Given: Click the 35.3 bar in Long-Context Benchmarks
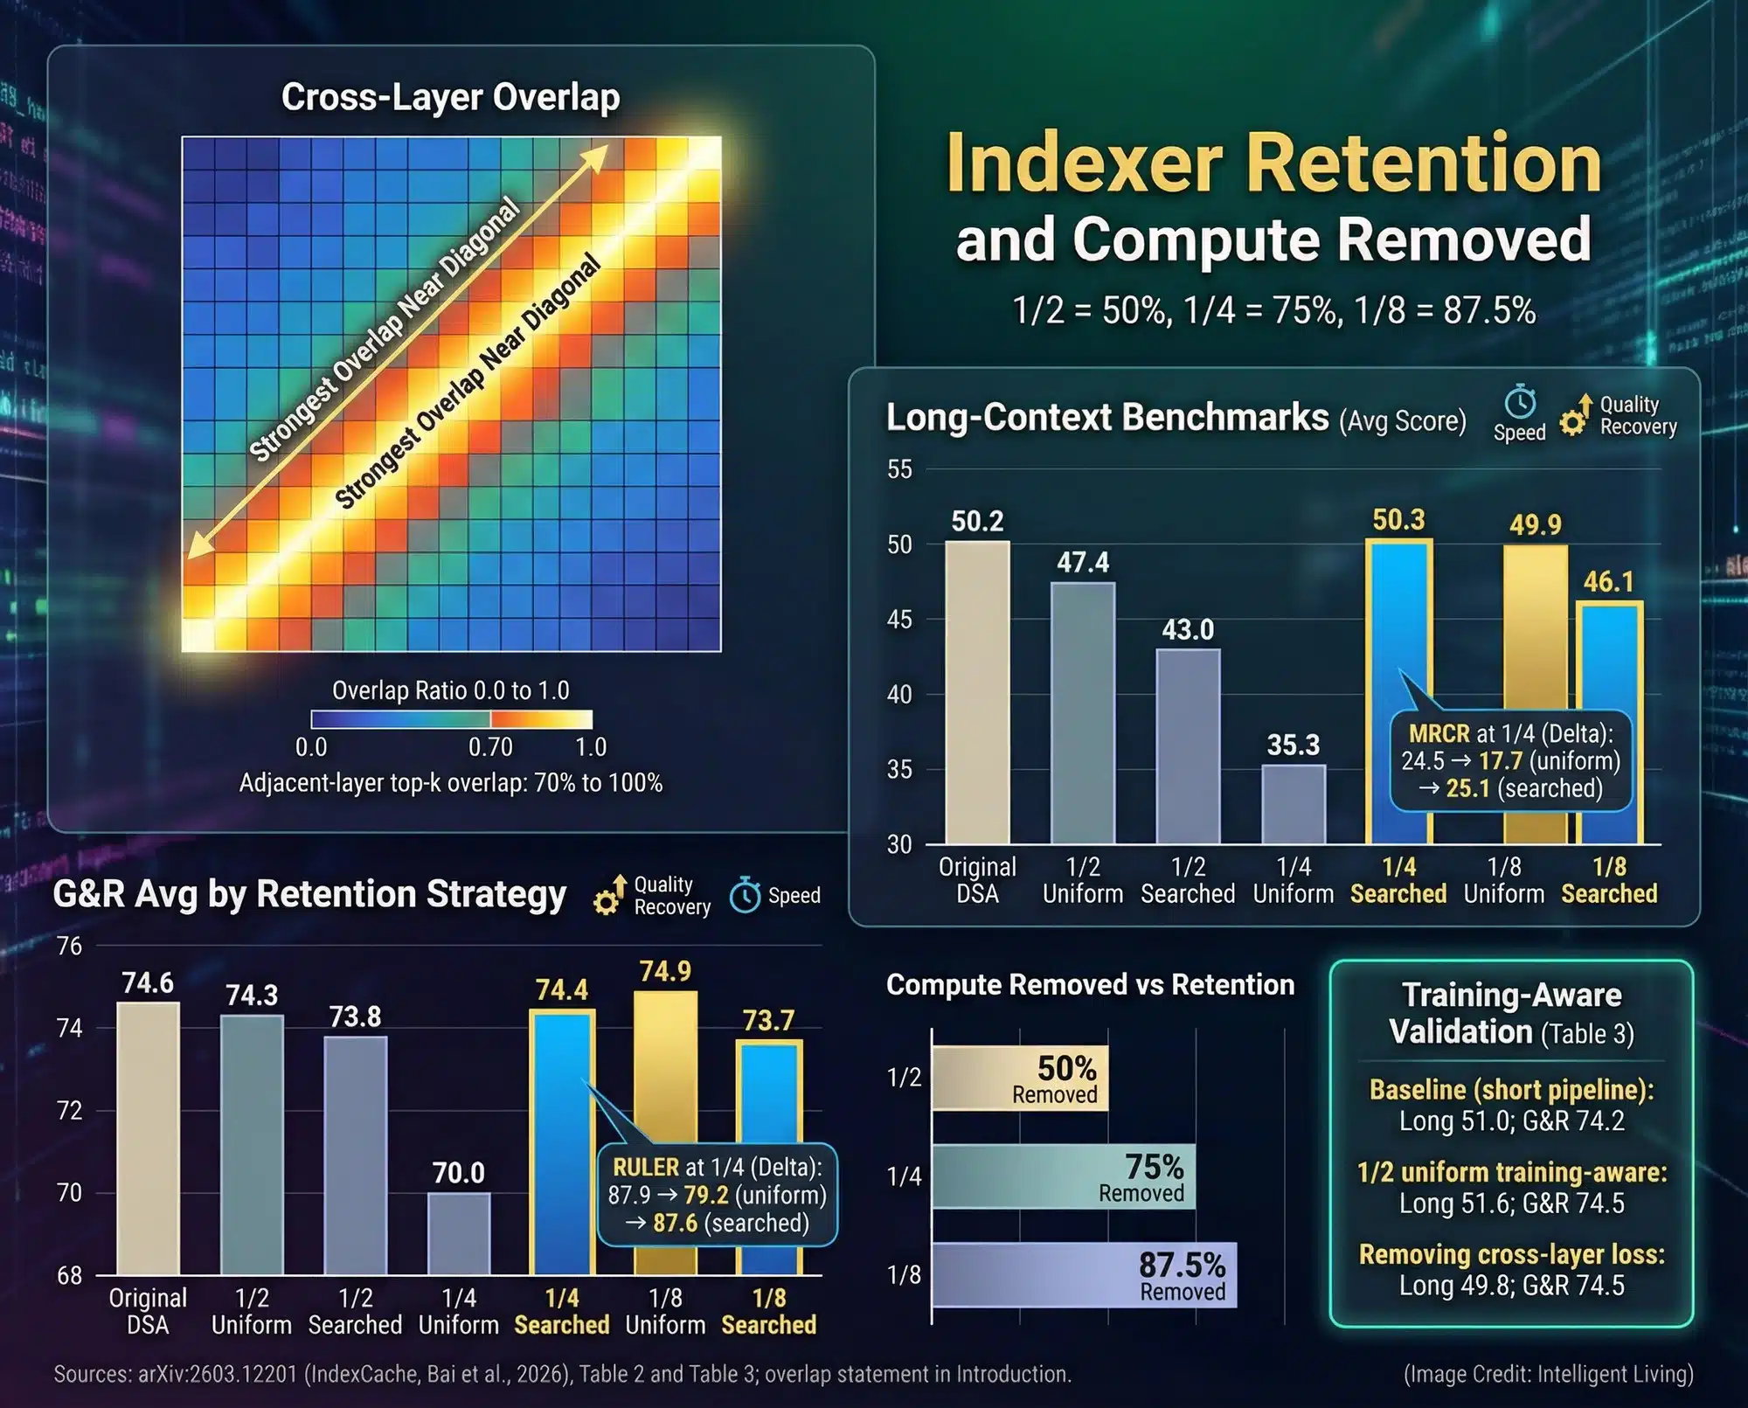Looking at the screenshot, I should click(1293, 803).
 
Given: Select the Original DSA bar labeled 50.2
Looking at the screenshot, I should click(977, 690).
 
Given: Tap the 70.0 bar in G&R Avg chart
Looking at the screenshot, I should click(459, 1232).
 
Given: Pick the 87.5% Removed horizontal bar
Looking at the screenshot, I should click(1084, 1275).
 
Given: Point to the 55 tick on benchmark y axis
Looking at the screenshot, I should click(899, 469).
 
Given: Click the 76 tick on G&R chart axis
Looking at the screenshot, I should click(69, 947).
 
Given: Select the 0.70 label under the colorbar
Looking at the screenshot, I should click(490, 747).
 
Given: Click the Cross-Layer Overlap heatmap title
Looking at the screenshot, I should click(450, 97).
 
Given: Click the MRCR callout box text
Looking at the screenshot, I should click(1510, 760).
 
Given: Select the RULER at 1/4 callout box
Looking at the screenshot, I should click(717, 1195).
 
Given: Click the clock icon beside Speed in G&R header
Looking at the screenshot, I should click(745, 895).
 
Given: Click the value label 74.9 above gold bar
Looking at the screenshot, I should click(665, 972).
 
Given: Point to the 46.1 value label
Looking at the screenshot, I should click(1608, 582).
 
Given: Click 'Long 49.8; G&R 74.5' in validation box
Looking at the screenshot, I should click(1511, 1286).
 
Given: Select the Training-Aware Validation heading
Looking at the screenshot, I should click(1511, 1013).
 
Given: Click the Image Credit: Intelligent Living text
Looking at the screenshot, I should click(1548, 1374).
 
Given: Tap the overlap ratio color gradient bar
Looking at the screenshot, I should click(452, 719).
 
